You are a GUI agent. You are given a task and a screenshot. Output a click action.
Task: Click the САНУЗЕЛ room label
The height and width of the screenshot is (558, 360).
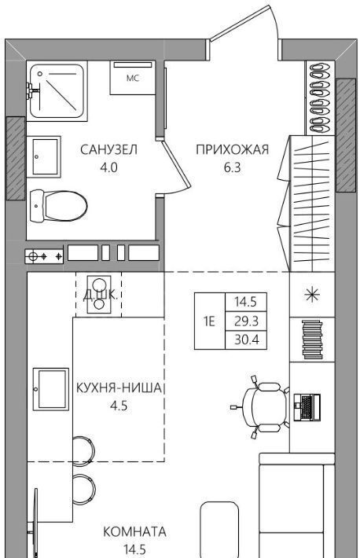108,149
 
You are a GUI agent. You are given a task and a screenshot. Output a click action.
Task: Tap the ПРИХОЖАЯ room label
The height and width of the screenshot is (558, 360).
232,149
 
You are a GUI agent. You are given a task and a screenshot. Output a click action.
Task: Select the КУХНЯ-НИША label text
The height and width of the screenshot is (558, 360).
119,388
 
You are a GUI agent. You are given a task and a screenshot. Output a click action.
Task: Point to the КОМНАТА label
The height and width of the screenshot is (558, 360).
134,531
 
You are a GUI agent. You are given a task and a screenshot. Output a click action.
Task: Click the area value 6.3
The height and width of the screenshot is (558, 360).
232,167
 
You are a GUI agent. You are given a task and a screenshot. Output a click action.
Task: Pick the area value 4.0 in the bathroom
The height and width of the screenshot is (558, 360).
108,167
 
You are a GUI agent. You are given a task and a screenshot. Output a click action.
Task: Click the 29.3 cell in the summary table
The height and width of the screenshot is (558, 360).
246,321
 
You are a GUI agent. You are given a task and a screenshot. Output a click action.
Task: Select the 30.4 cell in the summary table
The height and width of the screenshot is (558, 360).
246,340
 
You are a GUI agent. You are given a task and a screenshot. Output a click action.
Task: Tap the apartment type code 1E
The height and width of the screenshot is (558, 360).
209,321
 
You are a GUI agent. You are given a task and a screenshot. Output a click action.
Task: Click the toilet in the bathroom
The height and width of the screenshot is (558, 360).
58,206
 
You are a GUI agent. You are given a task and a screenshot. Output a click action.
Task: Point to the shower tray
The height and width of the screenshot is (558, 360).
57,91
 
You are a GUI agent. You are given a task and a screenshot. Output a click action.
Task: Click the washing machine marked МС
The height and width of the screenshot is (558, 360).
133,78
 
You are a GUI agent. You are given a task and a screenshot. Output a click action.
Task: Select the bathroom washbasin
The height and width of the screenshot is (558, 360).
46,156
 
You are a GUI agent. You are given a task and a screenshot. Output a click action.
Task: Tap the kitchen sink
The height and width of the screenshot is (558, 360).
51,389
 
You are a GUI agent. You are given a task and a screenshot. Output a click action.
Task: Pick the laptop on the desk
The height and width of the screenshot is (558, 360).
307,406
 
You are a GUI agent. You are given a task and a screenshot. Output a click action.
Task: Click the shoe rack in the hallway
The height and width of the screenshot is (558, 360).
320,98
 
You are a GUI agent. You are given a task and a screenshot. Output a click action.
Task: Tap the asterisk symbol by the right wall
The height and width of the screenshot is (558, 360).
312,295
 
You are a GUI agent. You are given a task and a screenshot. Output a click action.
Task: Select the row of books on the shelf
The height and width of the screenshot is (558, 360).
312,340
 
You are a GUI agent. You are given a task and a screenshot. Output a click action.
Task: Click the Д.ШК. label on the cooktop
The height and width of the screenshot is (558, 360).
99,296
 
